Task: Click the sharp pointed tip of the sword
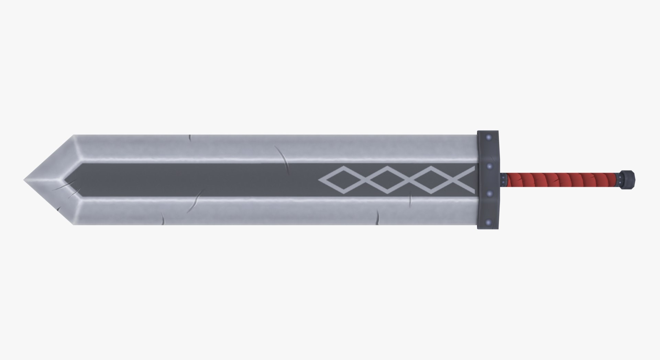[25, 180]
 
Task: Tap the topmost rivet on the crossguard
[488, 138]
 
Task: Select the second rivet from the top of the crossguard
[489, 166]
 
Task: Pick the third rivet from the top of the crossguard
[489, 194]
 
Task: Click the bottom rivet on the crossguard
[488, 222]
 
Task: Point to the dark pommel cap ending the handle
[629, 179]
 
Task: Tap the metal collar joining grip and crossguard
[504, 179]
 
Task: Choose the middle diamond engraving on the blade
[387, 180]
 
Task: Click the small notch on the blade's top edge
[190, 138]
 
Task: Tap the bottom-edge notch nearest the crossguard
[377, 218]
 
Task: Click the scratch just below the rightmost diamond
[410, 200]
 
